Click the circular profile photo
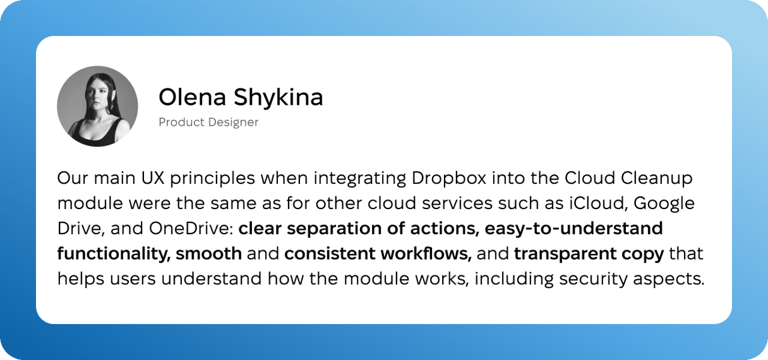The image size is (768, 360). click(97, 106)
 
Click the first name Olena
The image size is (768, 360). click(193, 97)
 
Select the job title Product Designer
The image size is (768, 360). click(208, 122)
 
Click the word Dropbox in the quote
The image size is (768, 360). click(449, 179)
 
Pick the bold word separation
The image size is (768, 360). click(334, 229)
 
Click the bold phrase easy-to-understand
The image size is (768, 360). click(573, 229)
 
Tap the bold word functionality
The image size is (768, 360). click(114, 255)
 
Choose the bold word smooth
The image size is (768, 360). click(209, 254)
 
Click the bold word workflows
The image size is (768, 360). click(426, 254)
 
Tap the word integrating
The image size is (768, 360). click(359, 179)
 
